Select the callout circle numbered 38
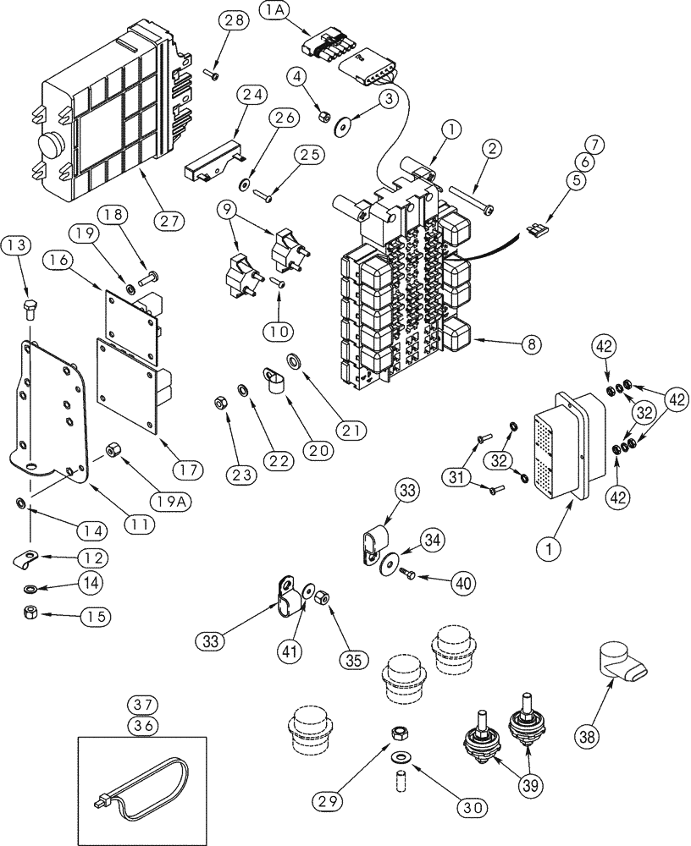(592, 738)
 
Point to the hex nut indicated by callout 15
(30, 612)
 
